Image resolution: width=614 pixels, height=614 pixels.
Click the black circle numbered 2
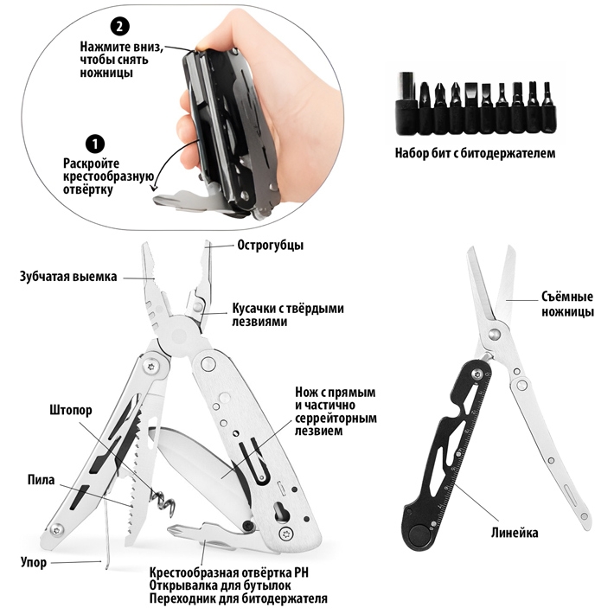point(120,26)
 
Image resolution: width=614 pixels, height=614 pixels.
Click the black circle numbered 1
point(95,144)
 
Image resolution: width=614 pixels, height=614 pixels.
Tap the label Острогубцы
point(270,246)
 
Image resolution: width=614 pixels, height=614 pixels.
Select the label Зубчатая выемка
point(68,277)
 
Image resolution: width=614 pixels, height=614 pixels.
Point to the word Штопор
point(71,411)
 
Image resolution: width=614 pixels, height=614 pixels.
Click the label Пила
point(42,480)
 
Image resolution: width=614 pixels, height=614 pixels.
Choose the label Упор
point(34,563)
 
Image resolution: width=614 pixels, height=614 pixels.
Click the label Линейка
point(515,533)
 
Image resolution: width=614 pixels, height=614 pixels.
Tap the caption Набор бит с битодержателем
point(475,153)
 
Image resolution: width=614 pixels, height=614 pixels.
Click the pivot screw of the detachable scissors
point(495,334)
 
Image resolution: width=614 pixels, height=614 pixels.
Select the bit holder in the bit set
point(406,104)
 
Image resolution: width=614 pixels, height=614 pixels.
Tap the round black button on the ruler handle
point(418,535)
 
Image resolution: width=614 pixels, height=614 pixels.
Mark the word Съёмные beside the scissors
point(567,297)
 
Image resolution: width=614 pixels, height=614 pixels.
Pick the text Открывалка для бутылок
point(220,585)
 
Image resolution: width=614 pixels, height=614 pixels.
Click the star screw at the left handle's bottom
point(58,529)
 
